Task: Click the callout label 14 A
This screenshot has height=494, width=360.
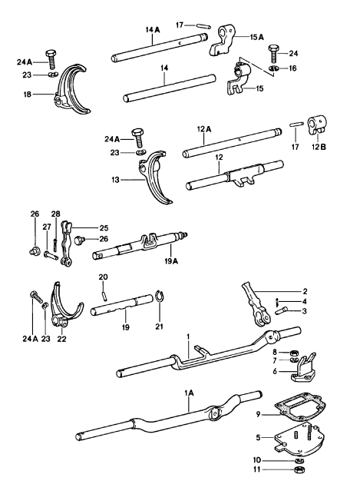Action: coord(153,30)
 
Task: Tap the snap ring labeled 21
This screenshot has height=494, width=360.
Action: coord(160,297)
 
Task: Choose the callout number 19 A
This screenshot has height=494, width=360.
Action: coord(170,261)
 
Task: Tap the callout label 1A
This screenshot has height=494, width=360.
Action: coord(189,393)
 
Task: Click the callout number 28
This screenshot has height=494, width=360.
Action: coord(56,214)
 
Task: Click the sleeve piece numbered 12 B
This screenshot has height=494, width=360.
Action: coord(317,125)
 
